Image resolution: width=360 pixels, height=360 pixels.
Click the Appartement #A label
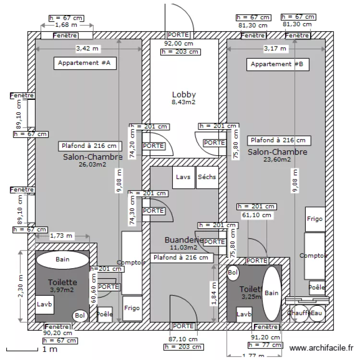tap(84, 63)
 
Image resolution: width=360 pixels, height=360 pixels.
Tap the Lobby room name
tap(184, 95)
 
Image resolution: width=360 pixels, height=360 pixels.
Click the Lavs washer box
tap(183, 177)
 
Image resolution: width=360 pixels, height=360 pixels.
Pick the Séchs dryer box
tap(207, 177)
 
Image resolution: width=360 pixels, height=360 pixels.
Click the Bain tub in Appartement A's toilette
tap(62, 260)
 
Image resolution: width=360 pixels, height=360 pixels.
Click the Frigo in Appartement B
tap(315, 218)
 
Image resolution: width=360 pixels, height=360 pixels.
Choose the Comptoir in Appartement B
tap(314, 256)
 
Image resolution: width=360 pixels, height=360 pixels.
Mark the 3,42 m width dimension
tap(88, 48)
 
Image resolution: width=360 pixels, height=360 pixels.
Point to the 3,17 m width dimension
tap(275, 48)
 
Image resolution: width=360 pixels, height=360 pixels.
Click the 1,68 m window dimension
tap(65, 25)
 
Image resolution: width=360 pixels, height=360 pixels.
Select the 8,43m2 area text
tap(184, 102)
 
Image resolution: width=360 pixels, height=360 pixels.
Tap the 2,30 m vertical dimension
tap(20, 287)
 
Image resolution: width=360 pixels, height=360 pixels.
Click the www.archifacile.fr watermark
tap(322, 348)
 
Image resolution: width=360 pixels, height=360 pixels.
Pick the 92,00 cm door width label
tap(179, 43)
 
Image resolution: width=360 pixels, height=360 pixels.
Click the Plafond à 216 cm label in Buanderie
tap(181, 258)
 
